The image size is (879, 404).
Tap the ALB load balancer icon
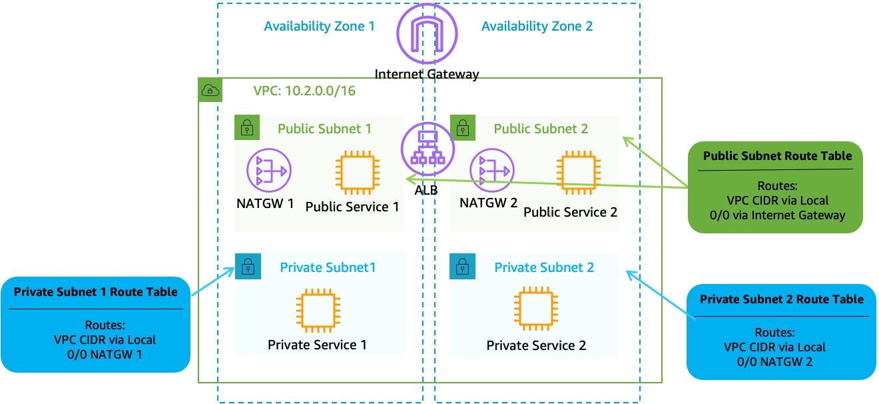(427, 150)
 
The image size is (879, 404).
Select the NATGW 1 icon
(269, 171)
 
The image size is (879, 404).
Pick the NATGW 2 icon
(491, 171)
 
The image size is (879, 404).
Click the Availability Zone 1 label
(319, 27)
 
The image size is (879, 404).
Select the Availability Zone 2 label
(537, 27)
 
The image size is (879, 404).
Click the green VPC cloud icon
(210, 90)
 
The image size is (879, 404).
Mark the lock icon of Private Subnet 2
(461, 265)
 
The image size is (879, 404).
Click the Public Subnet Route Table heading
(777, 156)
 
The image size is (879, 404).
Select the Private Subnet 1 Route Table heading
(96, 292)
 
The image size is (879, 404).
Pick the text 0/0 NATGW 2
(774, 362)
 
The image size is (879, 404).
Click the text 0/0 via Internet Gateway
(777, 215)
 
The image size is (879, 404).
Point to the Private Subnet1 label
(328, 267)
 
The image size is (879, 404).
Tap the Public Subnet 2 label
(541, 129)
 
